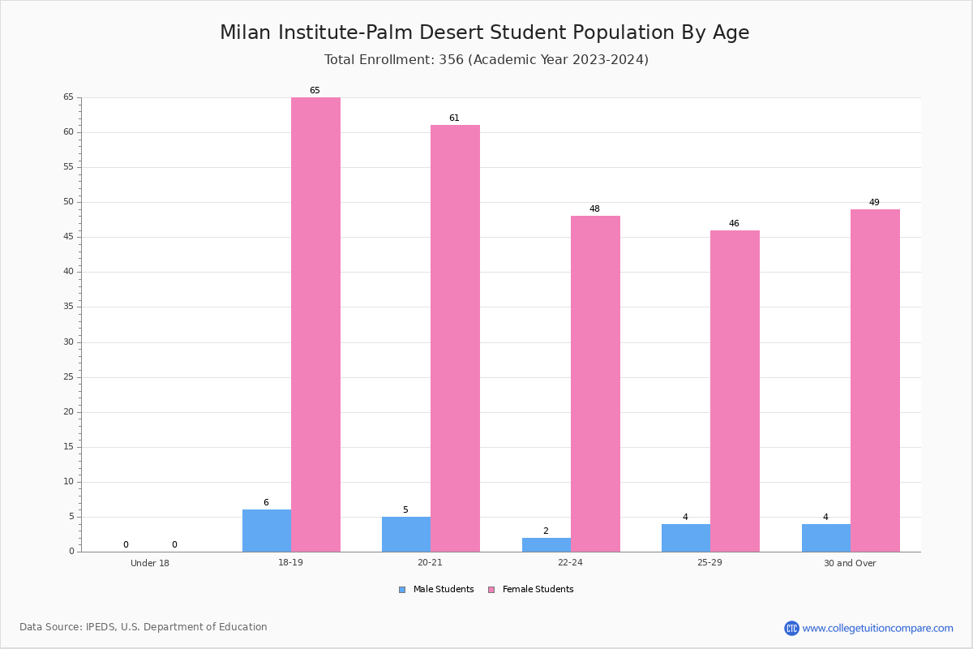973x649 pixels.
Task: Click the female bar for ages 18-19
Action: (315, 324)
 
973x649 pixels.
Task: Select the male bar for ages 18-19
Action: (267, 531)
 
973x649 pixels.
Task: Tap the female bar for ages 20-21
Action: (455, 338)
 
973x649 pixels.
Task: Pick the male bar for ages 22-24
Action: (547, 545)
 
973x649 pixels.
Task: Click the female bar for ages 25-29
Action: (735, 391)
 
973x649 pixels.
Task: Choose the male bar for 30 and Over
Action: (826, 538)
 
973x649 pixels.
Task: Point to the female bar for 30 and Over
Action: (875, 380)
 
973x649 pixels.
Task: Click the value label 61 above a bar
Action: (454, 118)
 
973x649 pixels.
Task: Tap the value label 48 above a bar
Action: (594, 208)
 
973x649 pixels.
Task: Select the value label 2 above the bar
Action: (546, 531)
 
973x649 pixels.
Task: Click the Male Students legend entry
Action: (436, 590)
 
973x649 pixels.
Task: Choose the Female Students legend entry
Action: (531, 590)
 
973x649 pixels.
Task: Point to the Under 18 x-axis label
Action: (150, 563)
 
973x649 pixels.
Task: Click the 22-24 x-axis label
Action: (570, 562)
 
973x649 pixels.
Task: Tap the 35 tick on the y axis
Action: (69, 307)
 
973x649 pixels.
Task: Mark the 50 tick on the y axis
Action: (69, 202)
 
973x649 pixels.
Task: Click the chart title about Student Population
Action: (485, 32)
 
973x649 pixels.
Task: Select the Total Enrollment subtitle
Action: (486, 59)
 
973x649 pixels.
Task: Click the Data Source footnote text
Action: (144, 627)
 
